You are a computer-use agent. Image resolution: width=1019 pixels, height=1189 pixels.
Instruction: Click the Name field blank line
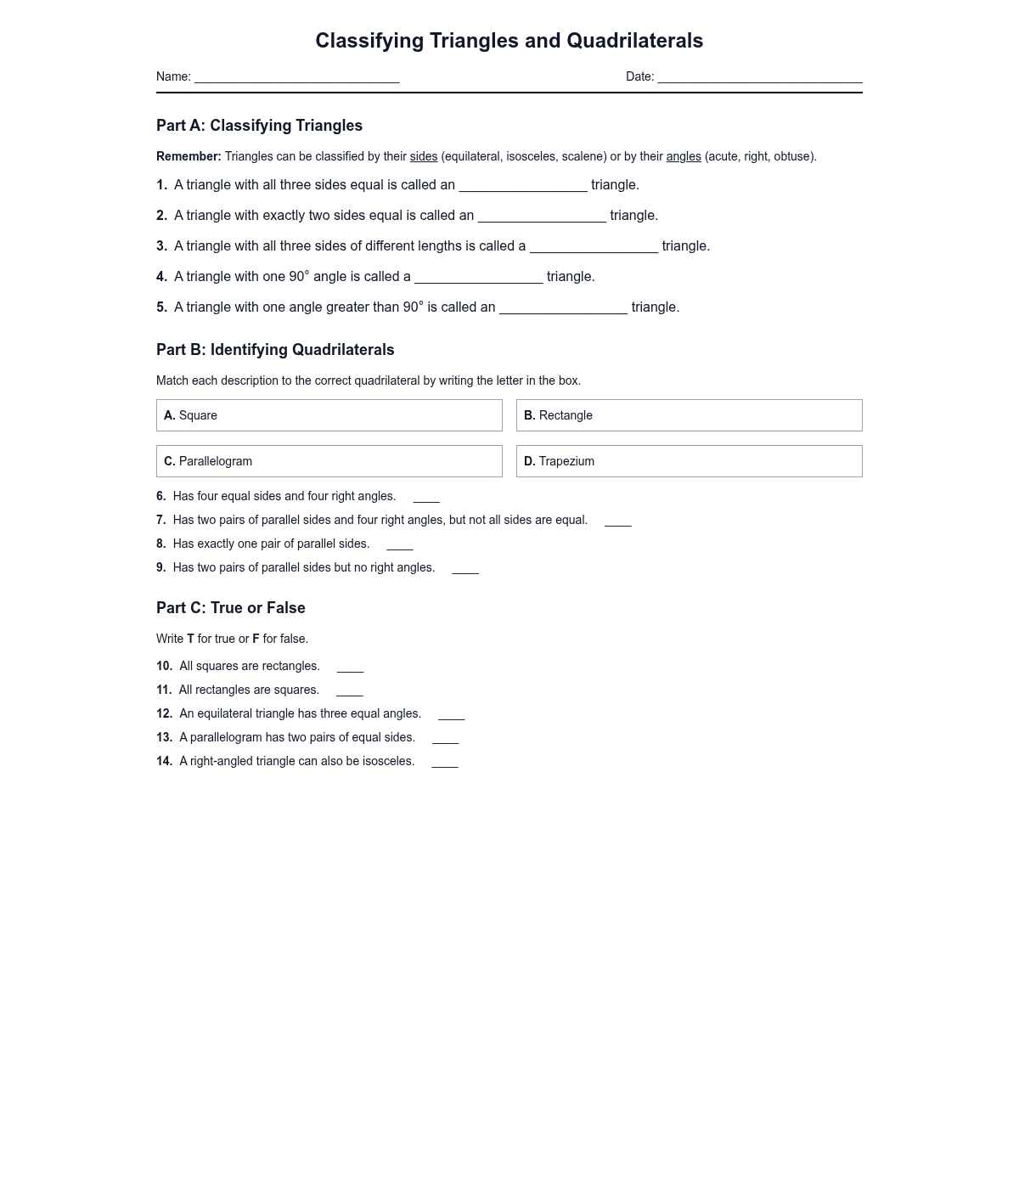tap(296, 78)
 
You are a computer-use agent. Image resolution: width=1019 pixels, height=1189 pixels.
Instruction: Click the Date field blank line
tap(759, 78)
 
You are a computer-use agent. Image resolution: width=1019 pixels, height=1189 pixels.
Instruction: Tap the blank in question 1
tap(523, 186)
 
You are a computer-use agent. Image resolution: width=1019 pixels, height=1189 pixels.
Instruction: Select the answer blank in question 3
tap(594, 247)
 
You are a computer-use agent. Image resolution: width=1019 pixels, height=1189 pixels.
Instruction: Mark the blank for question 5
tap(563, 308)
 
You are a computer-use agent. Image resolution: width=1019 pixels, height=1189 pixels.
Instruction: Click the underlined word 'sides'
tap(424, 156)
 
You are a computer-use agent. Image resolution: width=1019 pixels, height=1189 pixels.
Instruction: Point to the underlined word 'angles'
tap(684, 156)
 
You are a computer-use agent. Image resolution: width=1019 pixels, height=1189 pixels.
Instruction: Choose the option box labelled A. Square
tap(329, 415)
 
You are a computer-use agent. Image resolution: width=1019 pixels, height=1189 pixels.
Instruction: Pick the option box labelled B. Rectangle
tap(689, 415)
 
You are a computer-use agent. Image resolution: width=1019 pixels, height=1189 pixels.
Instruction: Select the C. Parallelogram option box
tap(329, 461)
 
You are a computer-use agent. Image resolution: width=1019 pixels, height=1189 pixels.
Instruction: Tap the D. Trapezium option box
tap(689, 461)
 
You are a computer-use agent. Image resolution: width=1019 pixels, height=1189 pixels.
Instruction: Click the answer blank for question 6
tap(426, 498)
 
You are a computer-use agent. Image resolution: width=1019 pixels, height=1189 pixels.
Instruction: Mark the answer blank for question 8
tap(400, 545)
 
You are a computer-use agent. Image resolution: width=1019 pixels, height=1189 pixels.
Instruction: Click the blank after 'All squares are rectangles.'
tap(350, 668)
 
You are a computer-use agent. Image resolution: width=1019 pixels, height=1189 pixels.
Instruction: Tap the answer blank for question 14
tap(445, 763)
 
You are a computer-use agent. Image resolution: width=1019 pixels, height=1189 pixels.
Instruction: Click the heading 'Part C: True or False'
tap(231, 608)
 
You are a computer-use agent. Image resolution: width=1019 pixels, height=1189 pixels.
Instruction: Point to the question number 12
tap(164, 714)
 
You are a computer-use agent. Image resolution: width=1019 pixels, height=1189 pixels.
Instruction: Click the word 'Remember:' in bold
tap(189, 156)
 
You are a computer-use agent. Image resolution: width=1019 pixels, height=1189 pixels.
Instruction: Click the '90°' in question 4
tap(299, 277)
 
